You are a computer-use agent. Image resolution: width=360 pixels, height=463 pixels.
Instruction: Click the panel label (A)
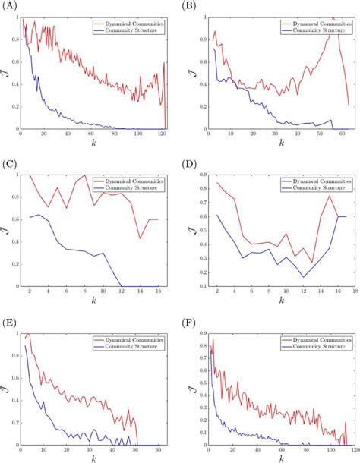(x=11, y=7)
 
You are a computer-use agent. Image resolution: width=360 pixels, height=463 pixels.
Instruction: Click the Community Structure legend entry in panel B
(x=313, y=31)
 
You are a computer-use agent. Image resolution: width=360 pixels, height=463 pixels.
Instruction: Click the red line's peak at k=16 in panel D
(x=327, y=197)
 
